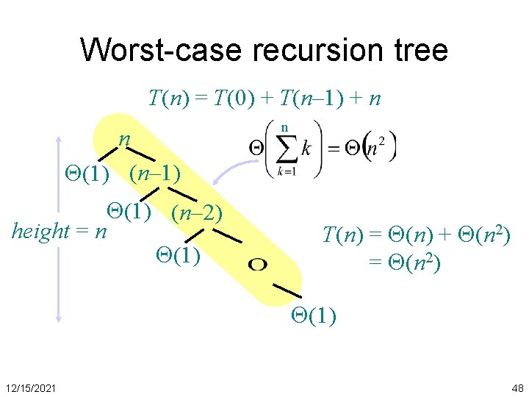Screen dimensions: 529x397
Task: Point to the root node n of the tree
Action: point(126,138)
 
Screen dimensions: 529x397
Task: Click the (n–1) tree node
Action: point(155,174)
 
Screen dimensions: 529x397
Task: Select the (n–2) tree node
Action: point(196,213)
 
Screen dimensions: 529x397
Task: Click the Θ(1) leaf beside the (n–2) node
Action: point(129,211)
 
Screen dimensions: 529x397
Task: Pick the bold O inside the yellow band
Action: point(258,264)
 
